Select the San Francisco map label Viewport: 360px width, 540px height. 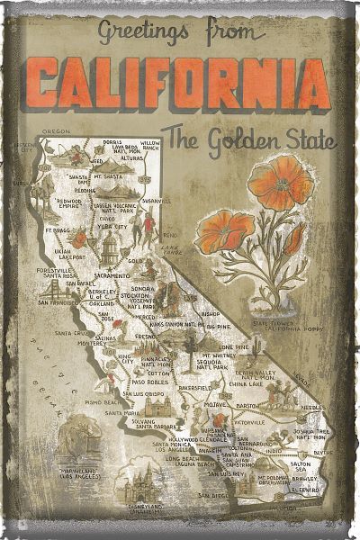pyautogui.click(x=59, y=303)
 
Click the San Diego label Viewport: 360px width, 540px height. pyautogui.click(x=214, y=494)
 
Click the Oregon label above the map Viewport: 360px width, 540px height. pyautogui.click(x=56, y=130)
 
